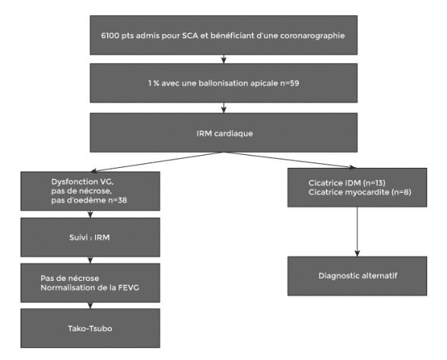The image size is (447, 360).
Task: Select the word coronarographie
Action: (312, 36)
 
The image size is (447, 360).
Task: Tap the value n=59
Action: (290, 84)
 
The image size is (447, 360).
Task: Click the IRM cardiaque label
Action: (225, 134)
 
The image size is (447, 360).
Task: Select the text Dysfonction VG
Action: (83, 182)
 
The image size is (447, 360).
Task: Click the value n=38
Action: (117, 201)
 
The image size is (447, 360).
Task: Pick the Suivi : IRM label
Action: (90, 238)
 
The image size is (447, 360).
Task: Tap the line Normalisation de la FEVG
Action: (90, 288)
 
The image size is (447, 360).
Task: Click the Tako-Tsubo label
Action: (90, 329)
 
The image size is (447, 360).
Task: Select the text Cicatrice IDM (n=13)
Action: (347, 183)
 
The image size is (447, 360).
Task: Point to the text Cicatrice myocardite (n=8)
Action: (360, 192)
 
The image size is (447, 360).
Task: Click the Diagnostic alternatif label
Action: (358, 276)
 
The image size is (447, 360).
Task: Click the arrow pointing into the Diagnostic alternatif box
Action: (357, 232)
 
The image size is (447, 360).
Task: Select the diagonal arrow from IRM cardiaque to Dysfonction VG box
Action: (157, 162)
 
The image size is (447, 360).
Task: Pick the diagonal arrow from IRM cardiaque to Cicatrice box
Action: (290, 160)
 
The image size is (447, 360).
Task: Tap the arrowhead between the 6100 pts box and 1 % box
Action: (223, 60)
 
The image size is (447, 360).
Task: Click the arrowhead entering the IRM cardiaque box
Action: (223, 109)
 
